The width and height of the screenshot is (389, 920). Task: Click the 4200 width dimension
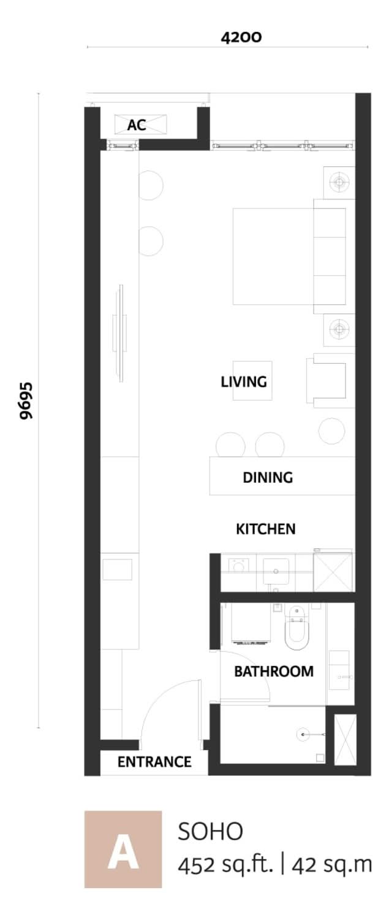point(241,37)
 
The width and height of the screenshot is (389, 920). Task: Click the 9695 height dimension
point(26,401)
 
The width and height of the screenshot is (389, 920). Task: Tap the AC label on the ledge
point(137,125)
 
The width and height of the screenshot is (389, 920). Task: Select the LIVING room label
point(244,381)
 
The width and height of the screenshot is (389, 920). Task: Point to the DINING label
point(268,477)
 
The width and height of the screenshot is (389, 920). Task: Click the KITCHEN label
point(265,529)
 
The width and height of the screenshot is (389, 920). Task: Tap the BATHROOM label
point(274,671)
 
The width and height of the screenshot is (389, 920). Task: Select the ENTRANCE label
point(154,762)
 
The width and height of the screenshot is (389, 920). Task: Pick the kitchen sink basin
point(276,571)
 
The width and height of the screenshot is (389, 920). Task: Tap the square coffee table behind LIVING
point(252,380)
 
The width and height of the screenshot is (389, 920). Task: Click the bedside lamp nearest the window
point(339,182)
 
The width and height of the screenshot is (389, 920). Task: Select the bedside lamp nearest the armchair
point(339,329)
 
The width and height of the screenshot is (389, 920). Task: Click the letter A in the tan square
point(123,854)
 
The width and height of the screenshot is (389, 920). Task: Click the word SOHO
point(211,831)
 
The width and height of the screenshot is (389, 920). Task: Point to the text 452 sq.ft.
point(225,865)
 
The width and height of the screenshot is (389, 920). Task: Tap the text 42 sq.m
point(331,864)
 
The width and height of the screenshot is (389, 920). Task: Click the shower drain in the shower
point(303,734)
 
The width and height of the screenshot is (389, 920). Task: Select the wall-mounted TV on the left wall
point(120,333)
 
